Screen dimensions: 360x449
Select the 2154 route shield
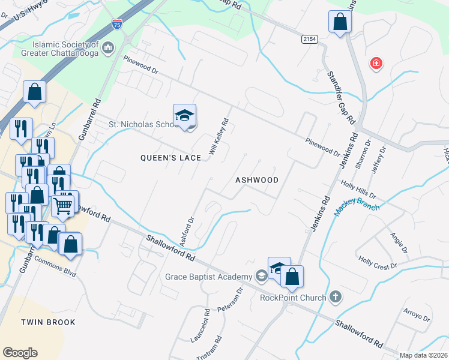pyautogui.click(x=310, y=38)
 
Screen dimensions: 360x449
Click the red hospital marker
pyautogui.click(x=376, y=64)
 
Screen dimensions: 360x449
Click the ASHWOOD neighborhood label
pyautogui.click(x=257, y=180)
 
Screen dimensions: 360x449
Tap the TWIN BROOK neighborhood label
pyautogui.click(x=49, y=322)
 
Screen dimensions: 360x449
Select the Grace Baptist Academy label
pyautogui.click(x=208, y=277)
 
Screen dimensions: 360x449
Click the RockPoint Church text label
pyautogui.click(x=294, y=297)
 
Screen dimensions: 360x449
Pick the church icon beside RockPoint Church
pyautogui.click(x=336, y=296)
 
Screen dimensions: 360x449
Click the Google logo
pyautogui.click(x=20, y=352)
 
